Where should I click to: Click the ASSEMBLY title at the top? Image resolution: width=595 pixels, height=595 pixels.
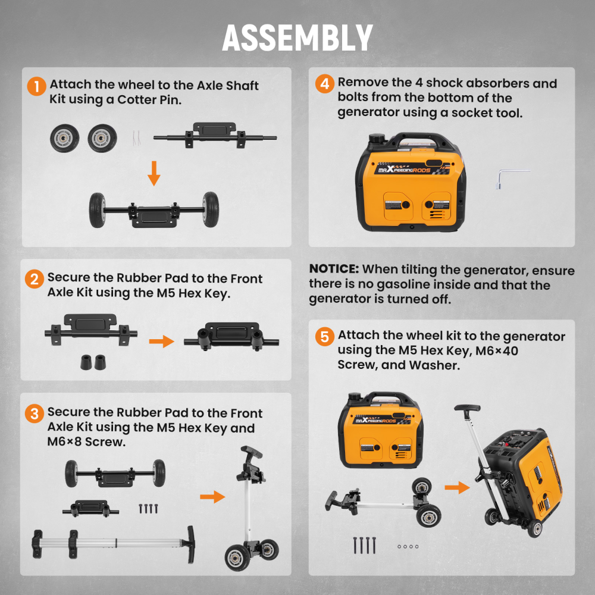pyautogui.click(x=297, y=37)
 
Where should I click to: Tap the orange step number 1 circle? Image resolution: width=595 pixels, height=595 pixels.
pyautogui.click(x=36, y=87)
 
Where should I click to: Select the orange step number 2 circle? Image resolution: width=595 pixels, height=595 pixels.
pyautogui.click(x=35, y=279)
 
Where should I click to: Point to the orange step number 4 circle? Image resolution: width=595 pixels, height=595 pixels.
pyautogui.click(x=324, y=84)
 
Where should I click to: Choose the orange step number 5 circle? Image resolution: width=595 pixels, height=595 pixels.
pyautogui.click(x=324, y=337)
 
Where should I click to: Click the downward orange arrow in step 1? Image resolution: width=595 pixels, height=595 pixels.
pyautogui.click(x=154, y=173)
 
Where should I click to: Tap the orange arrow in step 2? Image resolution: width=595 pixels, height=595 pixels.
pyautogui.click(x=161, y=342)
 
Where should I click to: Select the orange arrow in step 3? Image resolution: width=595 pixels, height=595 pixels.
pyautogui.click(x=212, y=496)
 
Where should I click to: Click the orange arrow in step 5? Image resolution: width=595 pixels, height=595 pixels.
pyautogui.click(x=456, y=488)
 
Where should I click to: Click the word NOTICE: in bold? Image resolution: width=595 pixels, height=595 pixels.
pyautogui.click(x=334, y=270)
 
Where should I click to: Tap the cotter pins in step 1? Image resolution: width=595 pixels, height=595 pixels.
pyautogui.click(x=136, y=139)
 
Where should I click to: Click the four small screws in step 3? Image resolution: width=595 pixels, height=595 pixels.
pyautogui.click(x=148, y=509)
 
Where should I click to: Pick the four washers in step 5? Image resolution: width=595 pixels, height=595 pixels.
pyautogui.click(x=408, y=546)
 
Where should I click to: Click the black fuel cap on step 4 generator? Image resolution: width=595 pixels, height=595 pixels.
pyautogui.click(x=378, y=138)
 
